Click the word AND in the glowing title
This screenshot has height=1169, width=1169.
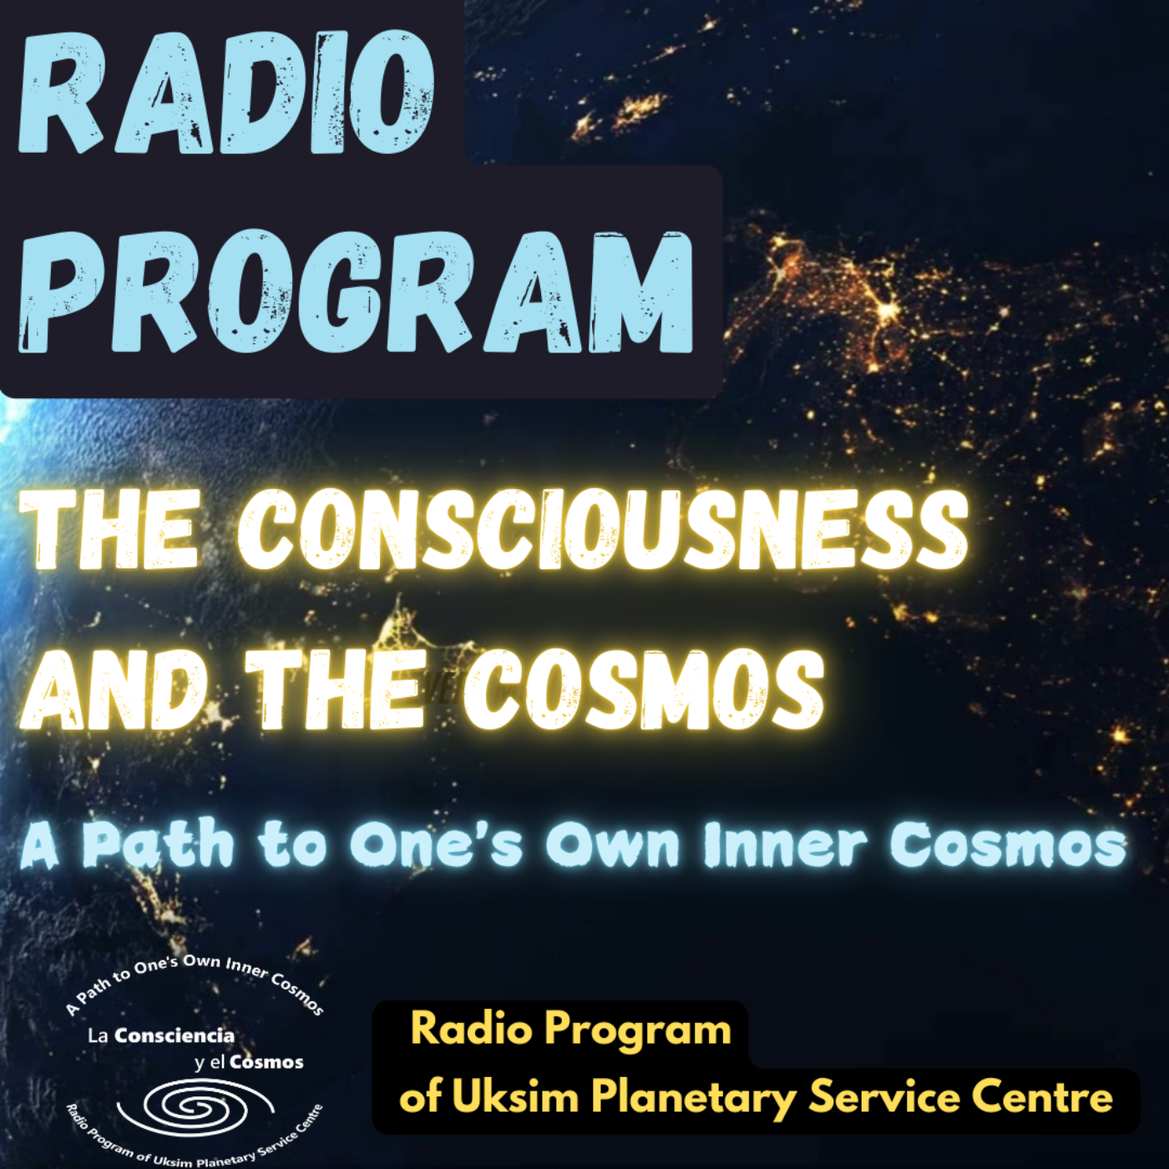click(x=114, y=690)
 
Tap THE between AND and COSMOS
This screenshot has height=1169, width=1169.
click(x=334, y=690)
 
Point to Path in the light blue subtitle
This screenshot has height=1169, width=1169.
click(x=159, y=845)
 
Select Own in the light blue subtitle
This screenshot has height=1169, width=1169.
click(x=613, y=845)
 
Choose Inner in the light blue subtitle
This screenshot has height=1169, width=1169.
click(x=785, y=845)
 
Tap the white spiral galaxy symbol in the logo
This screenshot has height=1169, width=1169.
click(x=197, y=1108)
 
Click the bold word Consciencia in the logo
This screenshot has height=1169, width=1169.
click(x=174, y=1036)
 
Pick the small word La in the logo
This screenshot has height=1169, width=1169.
click(x=98, y=1036)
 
